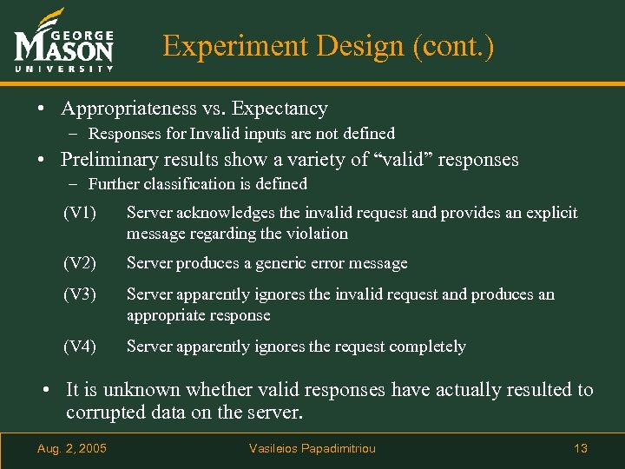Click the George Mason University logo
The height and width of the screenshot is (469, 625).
coord(64,43)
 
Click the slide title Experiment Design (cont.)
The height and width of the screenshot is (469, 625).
coord(328,45)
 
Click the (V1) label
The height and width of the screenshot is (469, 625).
coord(79,213)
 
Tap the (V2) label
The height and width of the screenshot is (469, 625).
coord(79,263)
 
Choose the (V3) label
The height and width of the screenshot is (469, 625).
coord(79,294)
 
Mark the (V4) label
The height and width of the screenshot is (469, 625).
coord(79,347)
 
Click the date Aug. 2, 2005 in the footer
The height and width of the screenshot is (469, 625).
coord(72,448)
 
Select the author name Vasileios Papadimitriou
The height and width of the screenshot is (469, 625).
coord(312,448)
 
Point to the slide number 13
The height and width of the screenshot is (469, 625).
coord(581,448)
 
